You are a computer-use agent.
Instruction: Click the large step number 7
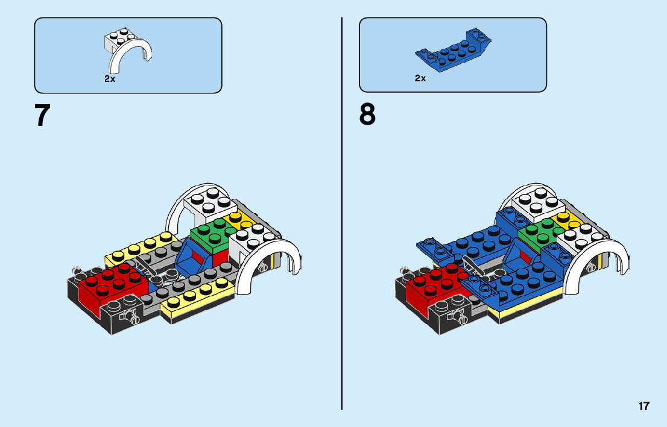42,116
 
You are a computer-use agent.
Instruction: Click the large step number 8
367,114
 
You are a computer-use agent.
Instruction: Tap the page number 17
644,406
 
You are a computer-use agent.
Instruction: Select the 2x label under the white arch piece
109,79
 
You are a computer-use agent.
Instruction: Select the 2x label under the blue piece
420,78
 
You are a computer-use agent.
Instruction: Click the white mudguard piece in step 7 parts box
128,49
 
